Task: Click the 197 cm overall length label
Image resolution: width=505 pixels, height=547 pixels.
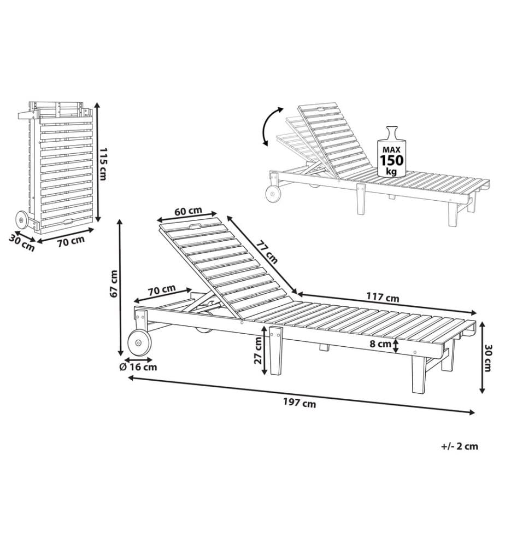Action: [300, 403]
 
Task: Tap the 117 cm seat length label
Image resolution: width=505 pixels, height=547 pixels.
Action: [383, 297]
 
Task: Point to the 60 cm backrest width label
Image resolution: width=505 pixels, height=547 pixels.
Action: [189, 211]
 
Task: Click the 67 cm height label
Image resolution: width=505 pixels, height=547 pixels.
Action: [113, 284]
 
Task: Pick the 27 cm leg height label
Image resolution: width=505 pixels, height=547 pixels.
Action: [259, 351]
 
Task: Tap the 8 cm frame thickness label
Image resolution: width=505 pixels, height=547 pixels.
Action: [380, 344]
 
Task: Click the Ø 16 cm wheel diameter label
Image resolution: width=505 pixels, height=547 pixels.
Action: [139, 366]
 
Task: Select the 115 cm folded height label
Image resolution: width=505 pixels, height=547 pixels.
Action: [103, 164]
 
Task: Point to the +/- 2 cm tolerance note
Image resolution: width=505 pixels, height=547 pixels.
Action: [460, 446]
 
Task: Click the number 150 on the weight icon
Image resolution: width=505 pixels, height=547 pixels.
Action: [391, 160]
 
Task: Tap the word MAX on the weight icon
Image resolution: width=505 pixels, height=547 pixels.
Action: [391, 149]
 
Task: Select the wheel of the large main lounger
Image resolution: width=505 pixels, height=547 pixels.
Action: [139, 343]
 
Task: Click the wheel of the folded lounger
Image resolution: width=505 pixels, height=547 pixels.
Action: [22, 220]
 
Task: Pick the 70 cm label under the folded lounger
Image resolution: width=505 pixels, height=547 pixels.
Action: [71, 241]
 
